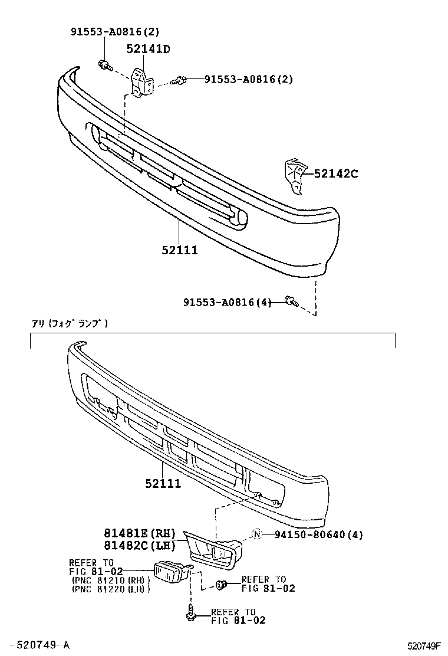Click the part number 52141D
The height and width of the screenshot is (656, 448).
(x=147, y=49)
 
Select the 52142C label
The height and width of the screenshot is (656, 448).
(x=335, y=173)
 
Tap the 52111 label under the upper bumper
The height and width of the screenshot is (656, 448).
(x=180, y=250)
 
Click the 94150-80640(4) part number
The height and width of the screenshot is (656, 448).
(x=318, y=535)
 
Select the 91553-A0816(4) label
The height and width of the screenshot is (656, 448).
(x=227, y=303)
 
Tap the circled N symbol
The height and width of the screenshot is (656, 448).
(x=257, y=535)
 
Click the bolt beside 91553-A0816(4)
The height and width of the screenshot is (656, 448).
(x=291, y=301)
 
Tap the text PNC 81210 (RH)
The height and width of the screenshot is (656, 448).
(x=111, y=580)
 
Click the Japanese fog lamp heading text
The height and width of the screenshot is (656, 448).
(x=70, y=323)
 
